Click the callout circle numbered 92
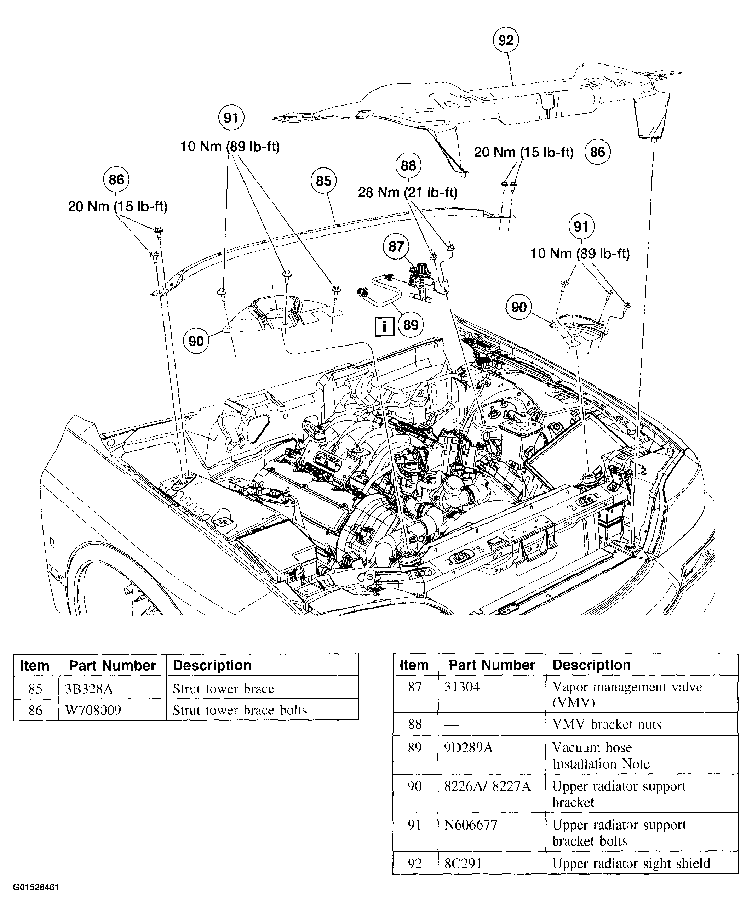click(x=506, y=40)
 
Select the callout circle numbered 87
click(x=396, y=246)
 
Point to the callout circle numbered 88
click(x=408, y=166)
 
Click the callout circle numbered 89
click(x=411, y=325)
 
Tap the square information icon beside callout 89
click(x=384, y=326)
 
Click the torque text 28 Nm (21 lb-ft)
click(x=407, y=192)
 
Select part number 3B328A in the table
click(x=89, y=689)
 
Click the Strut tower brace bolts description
click(x=240, y=710)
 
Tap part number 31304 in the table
click(x=462, y=687)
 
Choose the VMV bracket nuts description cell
click(x=607, y=724)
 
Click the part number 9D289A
click(x=468, y=747)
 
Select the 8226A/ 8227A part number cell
click(x=487, y=786)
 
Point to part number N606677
click(x=470, y=825)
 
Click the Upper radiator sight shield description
click(x=631, y=863)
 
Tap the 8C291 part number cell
click(x=463, y=863)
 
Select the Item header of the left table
click(x=35, y=666)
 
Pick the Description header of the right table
click(x=591, y=665)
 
